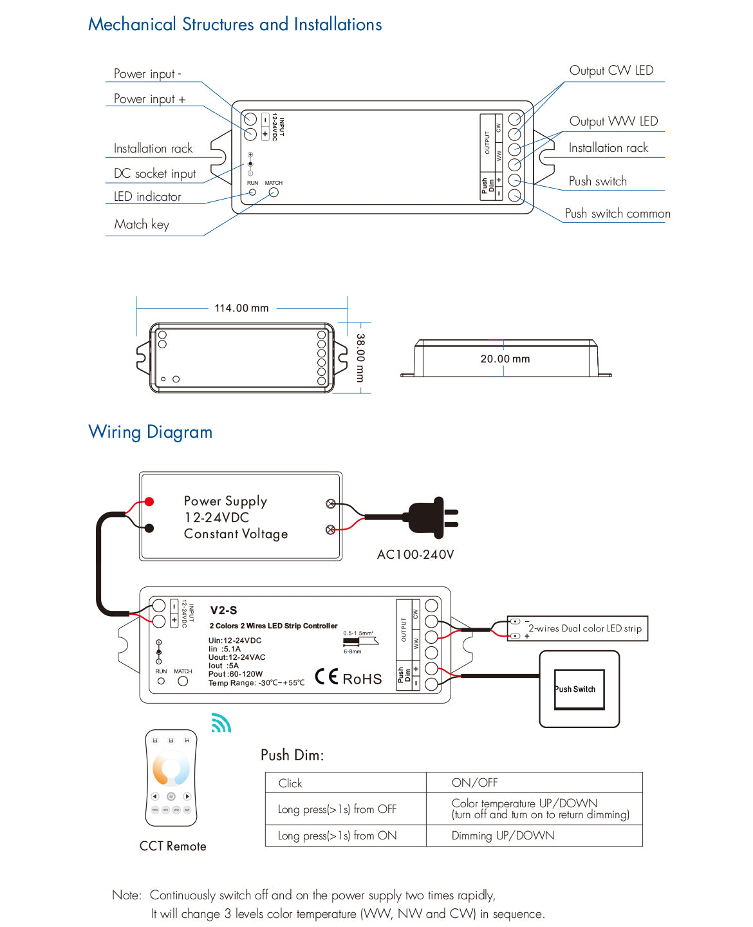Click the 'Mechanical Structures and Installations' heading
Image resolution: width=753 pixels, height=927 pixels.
235,24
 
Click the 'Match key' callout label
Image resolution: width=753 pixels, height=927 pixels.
142,224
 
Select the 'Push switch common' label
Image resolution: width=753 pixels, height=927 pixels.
617,213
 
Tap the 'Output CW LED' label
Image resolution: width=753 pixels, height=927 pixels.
611,70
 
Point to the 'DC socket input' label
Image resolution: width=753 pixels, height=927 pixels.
154,173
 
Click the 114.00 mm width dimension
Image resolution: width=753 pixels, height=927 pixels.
241,308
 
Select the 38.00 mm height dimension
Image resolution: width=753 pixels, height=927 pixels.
360,357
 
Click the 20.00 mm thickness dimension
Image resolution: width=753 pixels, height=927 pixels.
505,359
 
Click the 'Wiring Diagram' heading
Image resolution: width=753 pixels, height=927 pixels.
150,431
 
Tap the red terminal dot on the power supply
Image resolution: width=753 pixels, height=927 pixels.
149,501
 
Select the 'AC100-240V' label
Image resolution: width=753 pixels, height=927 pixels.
415,554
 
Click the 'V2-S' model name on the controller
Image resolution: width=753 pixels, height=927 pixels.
223,610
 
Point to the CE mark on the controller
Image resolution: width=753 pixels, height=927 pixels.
326,677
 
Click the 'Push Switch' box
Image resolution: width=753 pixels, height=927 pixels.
579,689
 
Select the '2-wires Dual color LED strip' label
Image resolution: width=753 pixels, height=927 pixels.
584,628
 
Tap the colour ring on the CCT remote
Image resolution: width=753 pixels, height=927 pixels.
171,768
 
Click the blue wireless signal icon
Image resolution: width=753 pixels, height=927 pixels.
221,723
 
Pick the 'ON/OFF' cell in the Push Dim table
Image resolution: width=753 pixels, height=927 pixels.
474,782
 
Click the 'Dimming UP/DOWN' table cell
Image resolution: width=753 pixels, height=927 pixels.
503,836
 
